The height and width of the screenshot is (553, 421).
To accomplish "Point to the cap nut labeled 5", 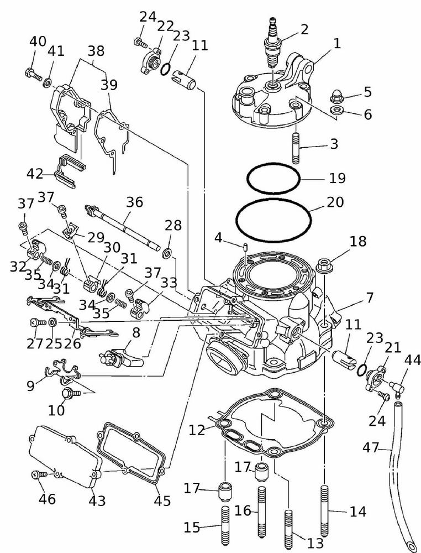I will (336, 98).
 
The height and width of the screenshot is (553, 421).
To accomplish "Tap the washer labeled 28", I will (166, 254).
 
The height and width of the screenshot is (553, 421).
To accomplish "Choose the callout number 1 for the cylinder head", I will (336, 43).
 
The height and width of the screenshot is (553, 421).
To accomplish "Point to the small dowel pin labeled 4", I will (244, 247).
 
